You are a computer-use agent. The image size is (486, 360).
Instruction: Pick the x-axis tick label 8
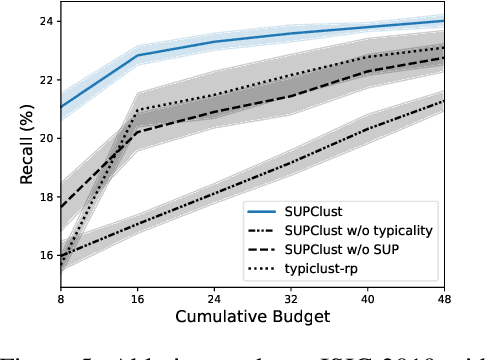coord(61,299)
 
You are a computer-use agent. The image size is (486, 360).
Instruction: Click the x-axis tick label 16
coord(137,299)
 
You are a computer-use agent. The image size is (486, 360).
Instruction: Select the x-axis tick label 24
coord(214,299)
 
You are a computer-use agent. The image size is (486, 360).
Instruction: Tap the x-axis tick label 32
coord(291,299)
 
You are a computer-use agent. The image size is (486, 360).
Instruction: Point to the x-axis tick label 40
coord(368,299)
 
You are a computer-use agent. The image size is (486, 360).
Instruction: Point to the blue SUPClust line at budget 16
coord(137,55)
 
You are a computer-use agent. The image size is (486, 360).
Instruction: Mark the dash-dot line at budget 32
coord(291,163)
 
